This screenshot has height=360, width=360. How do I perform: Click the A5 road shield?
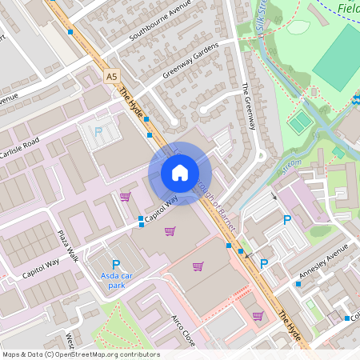tap(111, 77)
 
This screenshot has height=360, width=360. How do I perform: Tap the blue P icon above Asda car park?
tap(115, 264)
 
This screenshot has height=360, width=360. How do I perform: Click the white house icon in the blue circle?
tap(180, 173)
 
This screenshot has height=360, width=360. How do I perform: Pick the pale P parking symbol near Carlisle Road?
tap(99, 132)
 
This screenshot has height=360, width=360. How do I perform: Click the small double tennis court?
tap(299, 122)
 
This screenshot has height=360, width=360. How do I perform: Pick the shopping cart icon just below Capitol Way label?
tap(170, 231)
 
